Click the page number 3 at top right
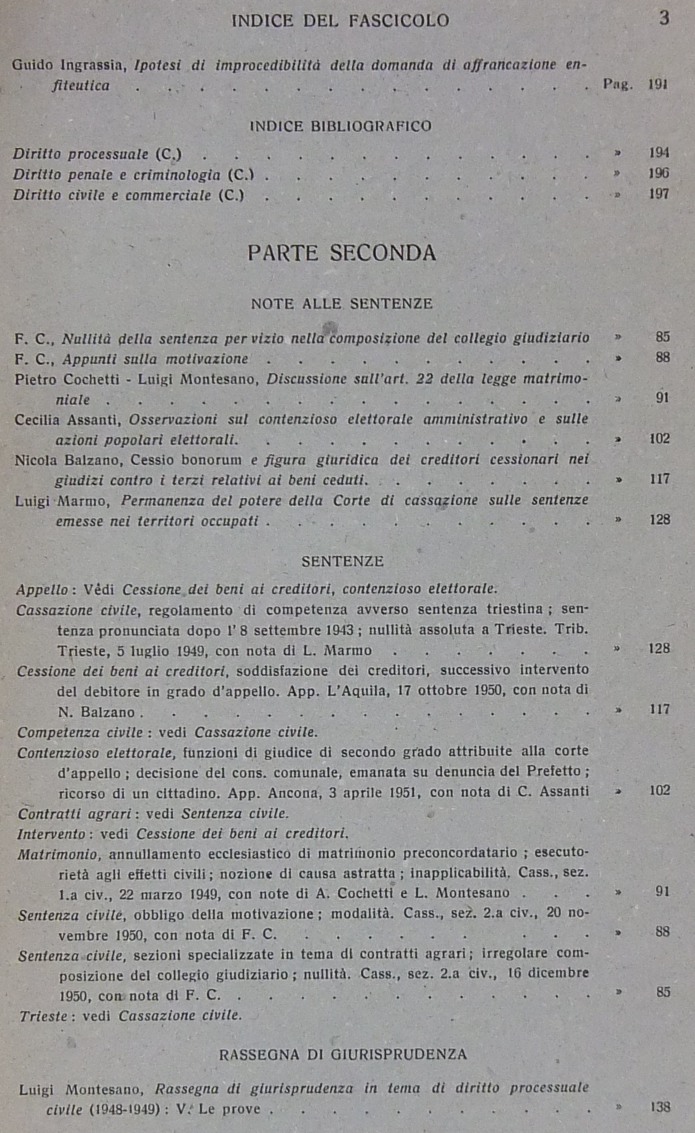click(x=664, y=18)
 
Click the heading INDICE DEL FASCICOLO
click(x=340, y=21)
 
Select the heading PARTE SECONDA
click(x=341, y=253)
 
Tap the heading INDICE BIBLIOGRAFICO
click(x=341, y=126)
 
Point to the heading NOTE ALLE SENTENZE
click(x=342, y=303)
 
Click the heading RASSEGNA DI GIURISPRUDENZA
click(x=343, y=1054)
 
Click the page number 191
click(x=658, y=85)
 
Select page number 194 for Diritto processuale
click(x=659, y=153)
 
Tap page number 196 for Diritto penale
click(x=659, y=173)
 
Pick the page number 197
click(x=659, y=194)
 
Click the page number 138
click(x=660, y=1107)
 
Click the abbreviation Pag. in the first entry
click(x=618, y=85)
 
